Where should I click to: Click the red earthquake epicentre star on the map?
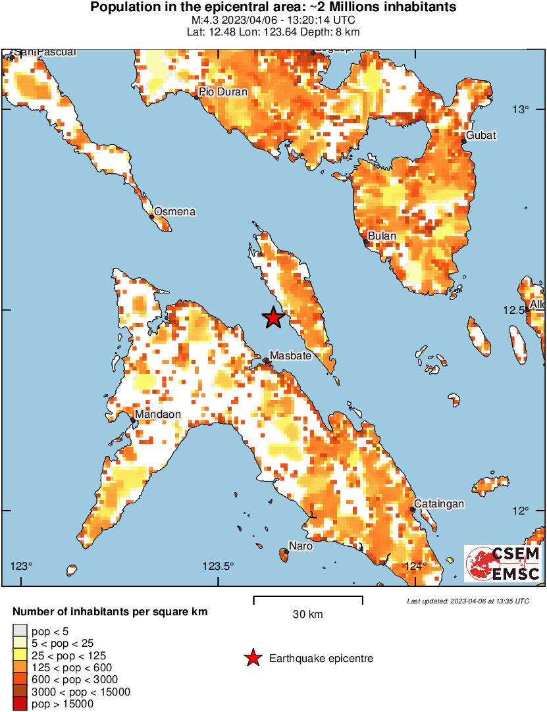point(273,318)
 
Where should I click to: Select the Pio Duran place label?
point(224,92)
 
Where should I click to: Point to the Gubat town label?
point(481,136)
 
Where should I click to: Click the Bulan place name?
point(382,236)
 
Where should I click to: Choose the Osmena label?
point(174,212)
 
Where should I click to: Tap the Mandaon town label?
point(158,415)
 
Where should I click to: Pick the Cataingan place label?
point(438,504)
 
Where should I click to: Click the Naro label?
point(301,546)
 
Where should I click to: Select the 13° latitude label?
point(521,109)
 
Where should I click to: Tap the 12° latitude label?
point(521,511)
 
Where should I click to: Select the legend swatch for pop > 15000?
point(20,703)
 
